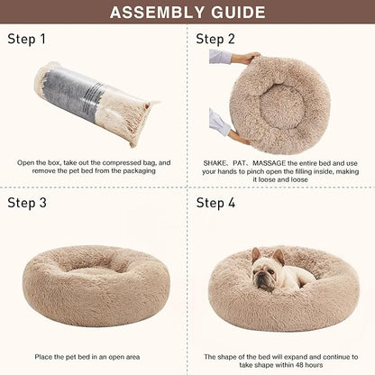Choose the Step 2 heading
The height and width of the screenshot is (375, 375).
tap(215, 40)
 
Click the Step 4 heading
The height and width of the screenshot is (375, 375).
tap(215, 203)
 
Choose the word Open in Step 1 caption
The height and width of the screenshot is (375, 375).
tap(27, 163)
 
